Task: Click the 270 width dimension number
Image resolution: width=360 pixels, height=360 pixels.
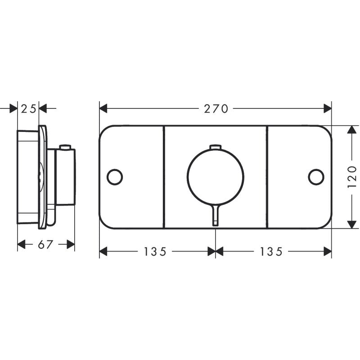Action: pyautogui.click(x=216, y=108)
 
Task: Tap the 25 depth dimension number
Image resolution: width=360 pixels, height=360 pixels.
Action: pyautogui.click(x=28, y=108)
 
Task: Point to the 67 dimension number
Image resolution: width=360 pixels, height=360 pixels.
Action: pyautogui.click(x=46, y=244)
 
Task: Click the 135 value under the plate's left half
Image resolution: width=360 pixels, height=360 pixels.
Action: pyautogui.click(x=155, y=252)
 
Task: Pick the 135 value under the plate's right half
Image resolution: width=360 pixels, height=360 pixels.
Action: pyautogui.click(x=271, y=252)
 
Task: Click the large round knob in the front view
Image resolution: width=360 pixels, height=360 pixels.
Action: pyautogui.click(x=216, y=175)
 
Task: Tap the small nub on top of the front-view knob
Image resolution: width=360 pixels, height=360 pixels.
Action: pyautogui.click(x=216, y=146)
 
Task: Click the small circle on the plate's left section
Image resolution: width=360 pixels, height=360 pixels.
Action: pyautogui.click(x=115, y=177)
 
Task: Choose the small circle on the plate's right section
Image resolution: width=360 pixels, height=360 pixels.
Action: pyautogui.click(x=316, y=177)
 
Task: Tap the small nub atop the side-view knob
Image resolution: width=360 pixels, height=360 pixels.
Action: pyautogui.click(x=66, y=147)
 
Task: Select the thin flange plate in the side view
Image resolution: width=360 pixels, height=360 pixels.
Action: pyautogui.click(x=42, y=177)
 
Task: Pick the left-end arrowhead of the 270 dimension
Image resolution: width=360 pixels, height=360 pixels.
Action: pyautogui.click(x=103, y=108)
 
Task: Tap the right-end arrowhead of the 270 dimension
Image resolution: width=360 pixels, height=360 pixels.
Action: pyautogui.click(x=328, y=108)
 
